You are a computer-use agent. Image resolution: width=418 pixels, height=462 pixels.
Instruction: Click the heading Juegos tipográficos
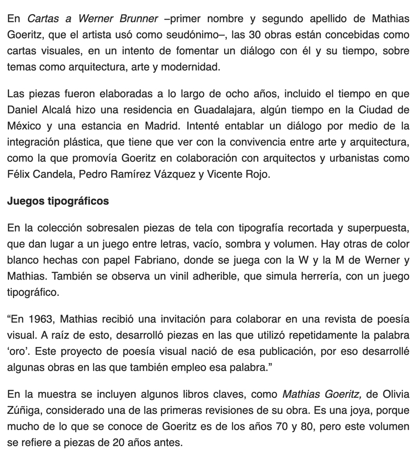tap(58, 201)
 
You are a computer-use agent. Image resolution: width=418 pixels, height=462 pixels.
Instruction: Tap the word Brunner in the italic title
tap(136, 19)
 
